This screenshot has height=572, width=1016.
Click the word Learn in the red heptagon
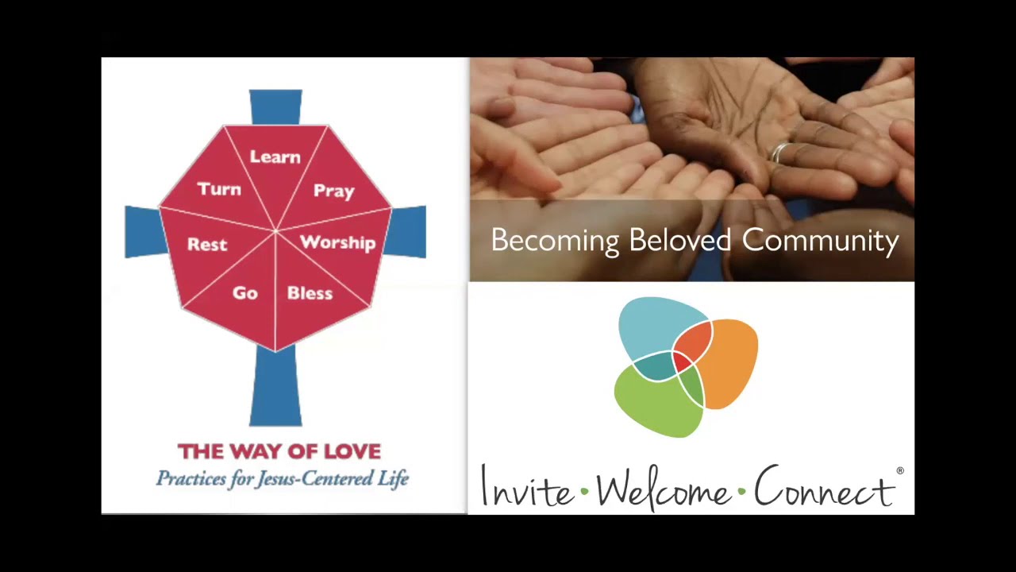(275, 157)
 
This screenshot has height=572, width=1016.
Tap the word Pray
(333, 191)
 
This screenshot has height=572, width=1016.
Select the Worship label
(337, 242)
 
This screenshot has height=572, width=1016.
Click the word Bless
(310, 293)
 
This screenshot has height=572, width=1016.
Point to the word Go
(245, 293)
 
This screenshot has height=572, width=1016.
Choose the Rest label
(207, 245)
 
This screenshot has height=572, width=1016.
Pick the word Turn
(219, 189)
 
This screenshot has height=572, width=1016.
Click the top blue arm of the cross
(275, 106)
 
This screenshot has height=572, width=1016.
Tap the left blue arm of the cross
(143, 232)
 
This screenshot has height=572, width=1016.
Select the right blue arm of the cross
(408, 232)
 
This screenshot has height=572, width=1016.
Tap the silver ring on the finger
(781, 152)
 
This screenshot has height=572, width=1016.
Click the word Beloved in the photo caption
(682, 240)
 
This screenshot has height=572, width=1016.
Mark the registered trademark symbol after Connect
(900, 471)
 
